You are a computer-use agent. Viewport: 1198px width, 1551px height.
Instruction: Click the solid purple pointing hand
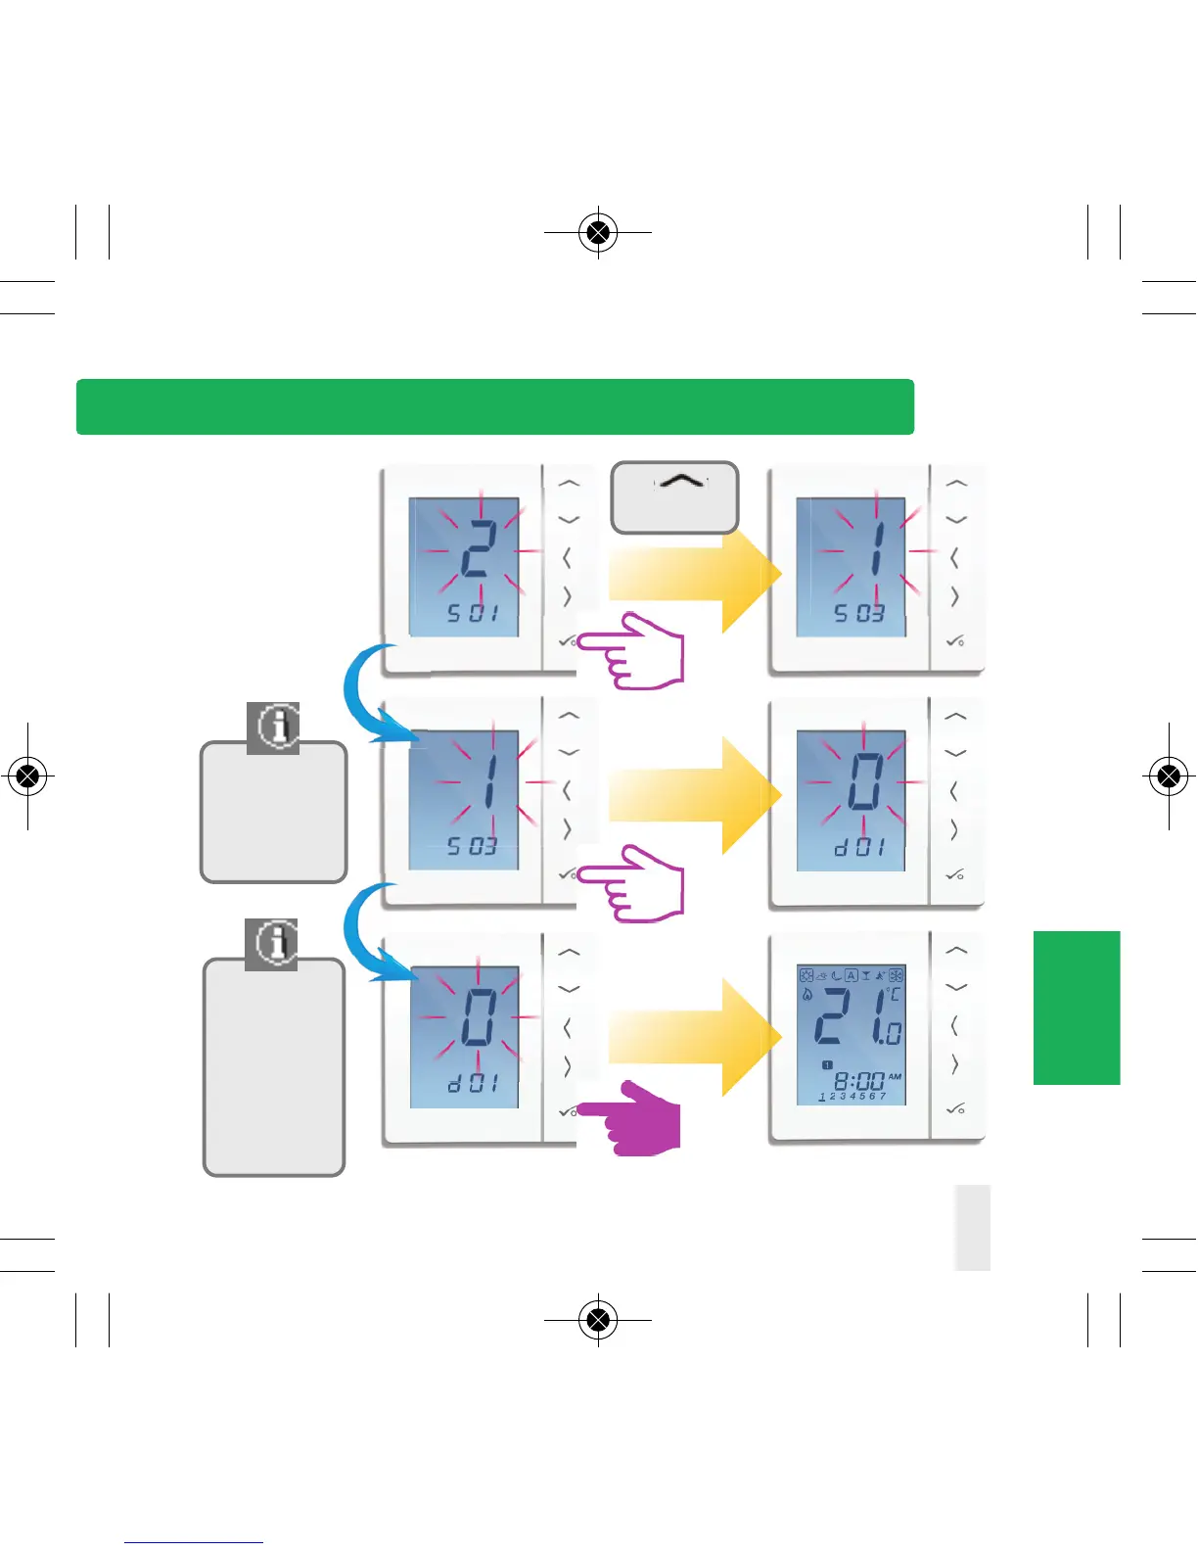636,1118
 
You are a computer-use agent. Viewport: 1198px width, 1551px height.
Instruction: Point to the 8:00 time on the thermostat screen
858,1081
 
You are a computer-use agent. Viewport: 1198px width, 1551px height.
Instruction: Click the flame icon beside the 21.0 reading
807,995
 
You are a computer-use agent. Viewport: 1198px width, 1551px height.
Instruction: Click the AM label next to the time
895,1076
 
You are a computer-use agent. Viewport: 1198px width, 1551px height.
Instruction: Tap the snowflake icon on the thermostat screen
896,975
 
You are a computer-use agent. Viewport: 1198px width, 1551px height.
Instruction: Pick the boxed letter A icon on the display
852,975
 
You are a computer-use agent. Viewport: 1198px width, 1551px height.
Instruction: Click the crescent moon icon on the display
836,975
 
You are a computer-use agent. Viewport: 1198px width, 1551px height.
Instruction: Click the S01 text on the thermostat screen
473,614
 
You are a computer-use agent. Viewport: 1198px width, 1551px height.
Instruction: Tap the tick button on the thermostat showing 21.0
954,1108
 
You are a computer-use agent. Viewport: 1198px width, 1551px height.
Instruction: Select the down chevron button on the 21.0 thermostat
955,988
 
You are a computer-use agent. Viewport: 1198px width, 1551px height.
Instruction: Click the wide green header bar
494,406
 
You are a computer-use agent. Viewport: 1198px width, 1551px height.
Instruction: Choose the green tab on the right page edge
1076,1008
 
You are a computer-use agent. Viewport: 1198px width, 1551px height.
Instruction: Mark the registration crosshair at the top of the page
598,233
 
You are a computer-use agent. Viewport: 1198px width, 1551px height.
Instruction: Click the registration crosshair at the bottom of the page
598,1320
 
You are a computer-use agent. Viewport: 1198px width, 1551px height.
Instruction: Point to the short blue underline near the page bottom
193,1542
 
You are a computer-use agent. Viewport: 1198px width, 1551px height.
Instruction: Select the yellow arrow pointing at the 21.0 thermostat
693,1036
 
